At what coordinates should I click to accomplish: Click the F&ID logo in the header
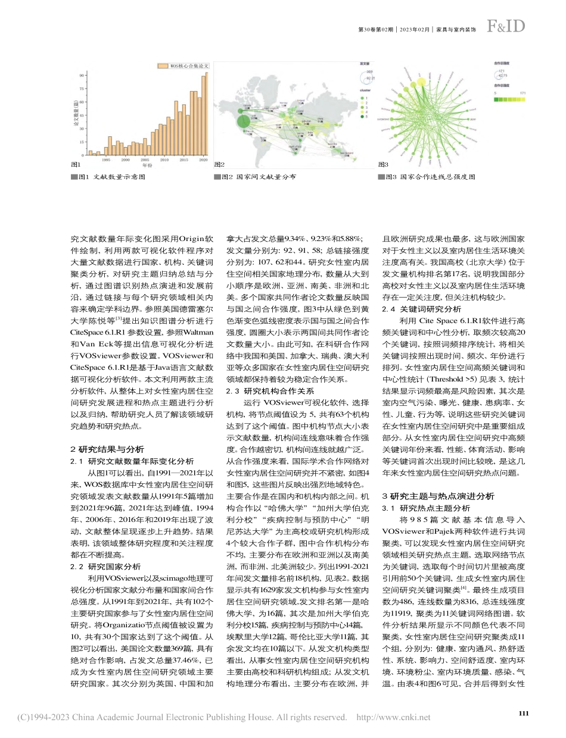tap(506, 26)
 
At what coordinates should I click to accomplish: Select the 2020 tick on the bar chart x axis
tap(203, 160)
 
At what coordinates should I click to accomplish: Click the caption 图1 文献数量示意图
tap(111, 177)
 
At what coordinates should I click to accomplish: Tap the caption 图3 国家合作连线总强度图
tap(427, 177)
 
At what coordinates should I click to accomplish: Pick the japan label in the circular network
tap(474, 118)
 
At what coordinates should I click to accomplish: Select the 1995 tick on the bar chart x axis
tap(105, 160)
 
